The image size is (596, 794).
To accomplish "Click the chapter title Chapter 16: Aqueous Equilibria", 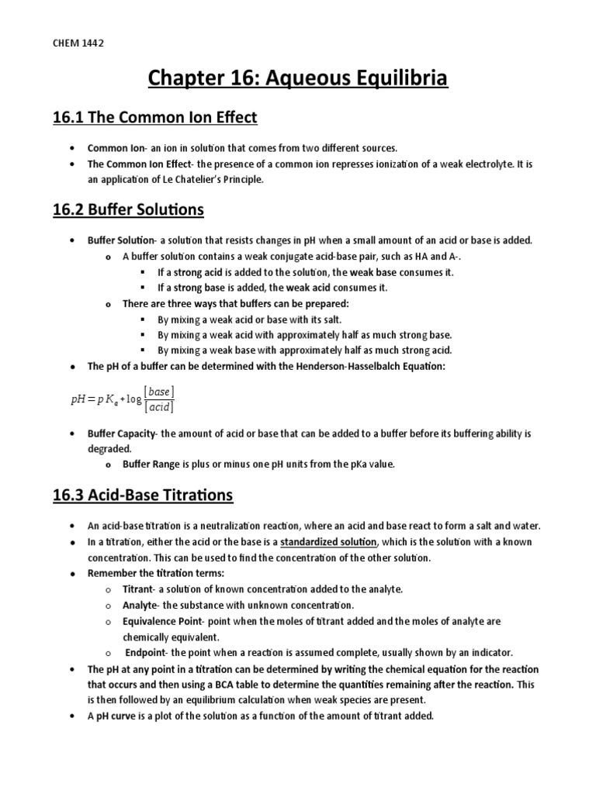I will [297, 80].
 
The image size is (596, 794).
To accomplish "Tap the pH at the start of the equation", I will [80, 399].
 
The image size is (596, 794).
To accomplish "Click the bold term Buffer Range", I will [149, 464].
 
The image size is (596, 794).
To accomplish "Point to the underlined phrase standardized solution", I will [329, 542].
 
